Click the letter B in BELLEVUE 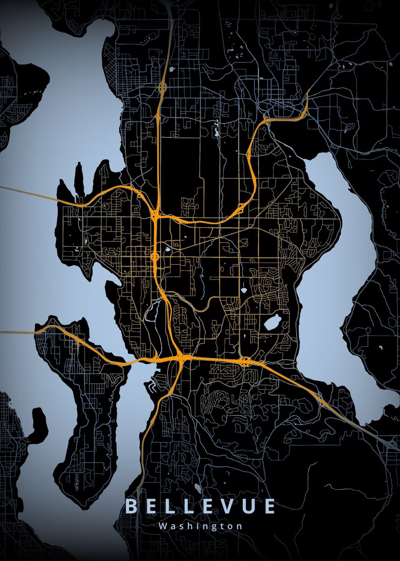131,507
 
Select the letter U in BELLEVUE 248,507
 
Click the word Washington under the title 200,526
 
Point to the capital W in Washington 162,526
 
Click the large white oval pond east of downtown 272,322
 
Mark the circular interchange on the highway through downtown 155,256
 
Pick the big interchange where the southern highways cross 181,358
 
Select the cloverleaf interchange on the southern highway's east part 246,360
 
